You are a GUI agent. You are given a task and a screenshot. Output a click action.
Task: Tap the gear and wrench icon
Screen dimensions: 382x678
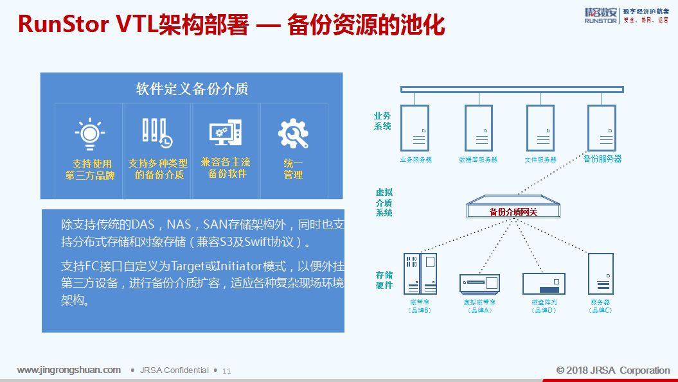point(293,134)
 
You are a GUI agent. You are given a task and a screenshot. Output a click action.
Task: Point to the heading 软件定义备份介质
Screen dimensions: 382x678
point(192,89)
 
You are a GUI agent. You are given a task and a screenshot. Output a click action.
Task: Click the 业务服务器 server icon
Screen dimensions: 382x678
point(415,128)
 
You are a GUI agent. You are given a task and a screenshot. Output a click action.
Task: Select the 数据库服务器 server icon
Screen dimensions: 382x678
point(478,128)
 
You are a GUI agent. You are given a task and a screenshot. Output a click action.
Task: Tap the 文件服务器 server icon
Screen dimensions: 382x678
point(540,128)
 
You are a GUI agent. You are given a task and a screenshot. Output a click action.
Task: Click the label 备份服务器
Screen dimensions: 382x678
point(602,159)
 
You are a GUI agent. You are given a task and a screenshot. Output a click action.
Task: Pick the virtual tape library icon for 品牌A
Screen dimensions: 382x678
point(479,283)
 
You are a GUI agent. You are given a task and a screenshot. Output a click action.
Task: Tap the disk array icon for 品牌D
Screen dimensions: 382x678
point(544,283)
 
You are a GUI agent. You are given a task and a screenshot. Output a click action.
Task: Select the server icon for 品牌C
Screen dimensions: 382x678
point(600,273)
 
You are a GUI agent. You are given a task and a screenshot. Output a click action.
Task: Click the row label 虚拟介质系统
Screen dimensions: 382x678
point(384,202)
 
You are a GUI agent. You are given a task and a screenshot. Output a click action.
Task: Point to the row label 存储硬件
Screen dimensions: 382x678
point(384,280)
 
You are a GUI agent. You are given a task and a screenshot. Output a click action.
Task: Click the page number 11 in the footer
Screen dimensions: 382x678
point(226,371)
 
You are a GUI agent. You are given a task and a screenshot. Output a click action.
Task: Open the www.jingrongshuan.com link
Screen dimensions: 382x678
point(69,370)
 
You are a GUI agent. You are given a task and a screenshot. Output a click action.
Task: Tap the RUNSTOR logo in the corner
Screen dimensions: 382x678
point(600,15)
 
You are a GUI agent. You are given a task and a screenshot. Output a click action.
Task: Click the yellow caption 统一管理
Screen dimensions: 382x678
point(293,169)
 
